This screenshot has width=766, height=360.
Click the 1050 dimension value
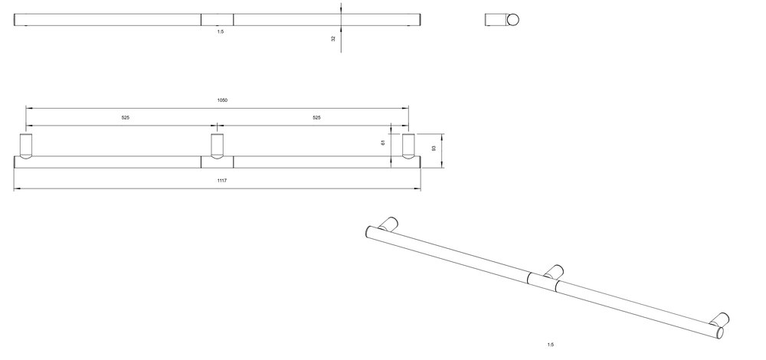pos(222,100)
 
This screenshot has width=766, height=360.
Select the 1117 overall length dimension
pos(222,181)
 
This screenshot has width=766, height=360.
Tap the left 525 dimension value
pos(126,118)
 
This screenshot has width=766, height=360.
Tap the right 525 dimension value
pos(316,118)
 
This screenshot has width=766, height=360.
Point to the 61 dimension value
pos(384,142)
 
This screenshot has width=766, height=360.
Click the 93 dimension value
pos(434,148)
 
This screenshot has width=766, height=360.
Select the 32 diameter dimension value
pos(334,38)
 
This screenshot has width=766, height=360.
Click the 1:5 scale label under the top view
pos(221,31)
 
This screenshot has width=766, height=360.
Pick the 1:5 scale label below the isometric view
pos(551,345)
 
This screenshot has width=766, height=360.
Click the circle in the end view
pos(513,20)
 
